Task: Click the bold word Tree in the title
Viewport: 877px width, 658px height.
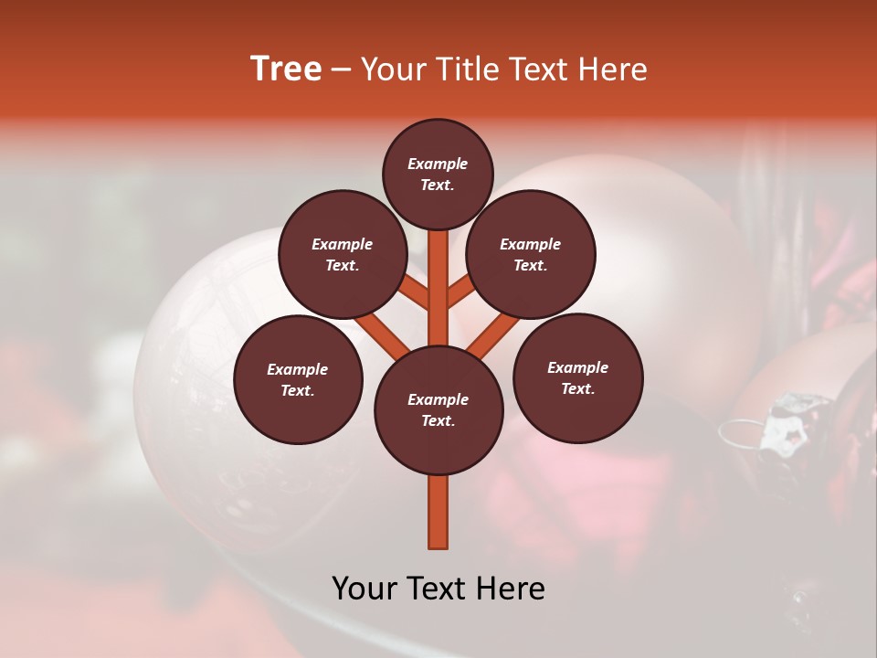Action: [286, 69]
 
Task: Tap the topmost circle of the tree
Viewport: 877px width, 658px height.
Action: [438, 174]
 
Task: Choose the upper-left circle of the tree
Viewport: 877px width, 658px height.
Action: [343, 255]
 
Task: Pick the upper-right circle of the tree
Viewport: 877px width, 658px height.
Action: [531, 255]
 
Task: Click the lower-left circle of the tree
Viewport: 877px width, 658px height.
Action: [298, 379]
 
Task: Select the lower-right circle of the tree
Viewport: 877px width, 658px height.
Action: [577, 377]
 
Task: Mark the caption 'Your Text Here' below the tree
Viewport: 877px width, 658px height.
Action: [438, 589]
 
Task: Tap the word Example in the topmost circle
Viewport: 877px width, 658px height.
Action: [438, 164]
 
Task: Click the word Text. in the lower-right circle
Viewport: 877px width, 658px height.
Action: [577, 388]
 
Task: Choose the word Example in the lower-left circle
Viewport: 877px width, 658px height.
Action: [298, 369]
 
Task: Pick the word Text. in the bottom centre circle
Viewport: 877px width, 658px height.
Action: [438, 420]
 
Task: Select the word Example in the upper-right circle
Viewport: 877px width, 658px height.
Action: [531, 244]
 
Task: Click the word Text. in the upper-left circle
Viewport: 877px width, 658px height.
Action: [343, 265]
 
